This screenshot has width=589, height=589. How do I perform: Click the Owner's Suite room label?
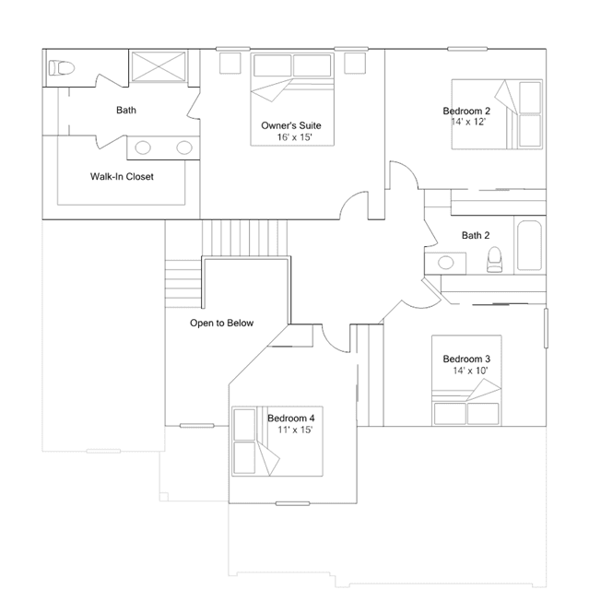291,125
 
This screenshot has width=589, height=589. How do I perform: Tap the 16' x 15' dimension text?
295,137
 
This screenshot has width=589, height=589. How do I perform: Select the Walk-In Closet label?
122,177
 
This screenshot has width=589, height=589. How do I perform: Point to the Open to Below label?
221,323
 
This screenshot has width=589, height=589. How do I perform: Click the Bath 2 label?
476,236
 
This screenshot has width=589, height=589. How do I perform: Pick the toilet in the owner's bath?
62,68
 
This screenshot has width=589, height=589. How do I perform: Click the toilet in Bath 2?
494,259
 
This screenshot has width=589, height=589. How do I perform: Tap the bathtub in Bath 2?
530,245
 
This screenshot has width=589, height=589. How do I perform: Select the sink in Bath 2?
446,262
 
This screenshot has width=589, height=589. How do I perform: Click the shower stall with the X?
159,66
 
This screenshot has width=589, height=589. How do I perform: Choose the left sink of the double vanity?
143,147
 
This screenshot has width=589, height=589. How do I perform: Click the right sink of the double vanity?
184,147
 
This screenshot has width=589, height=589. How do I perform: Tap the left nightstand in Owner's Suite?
230,63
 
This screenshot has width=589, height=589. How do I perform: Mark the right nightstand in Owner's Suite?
355,63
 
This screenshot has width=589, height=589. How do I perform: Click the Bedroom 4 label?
291,418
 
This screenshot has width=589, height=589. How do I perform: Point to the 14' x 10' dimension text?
470,371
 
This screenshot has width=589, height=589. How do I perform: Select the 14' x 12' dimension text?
468,122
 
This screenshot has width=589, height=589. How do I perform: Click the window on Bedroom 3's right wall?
547,328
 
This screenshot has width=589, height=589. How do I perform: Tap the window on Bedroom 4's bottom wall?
292,503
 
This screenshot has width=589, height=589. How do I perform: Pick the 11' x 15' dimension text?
295,430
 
